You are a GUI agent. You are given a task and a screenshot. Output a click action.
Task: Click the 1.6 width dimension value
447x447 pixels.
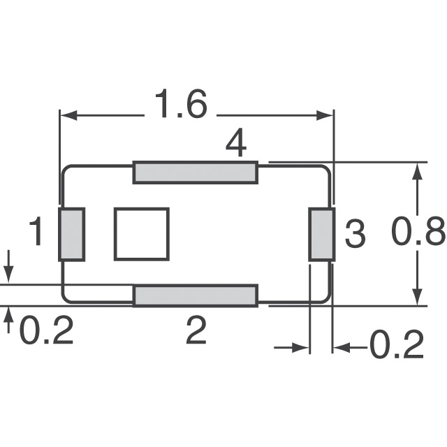180,107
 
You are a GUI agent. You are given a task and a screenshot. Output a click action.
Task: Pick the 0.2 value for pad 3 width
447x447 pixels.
396,344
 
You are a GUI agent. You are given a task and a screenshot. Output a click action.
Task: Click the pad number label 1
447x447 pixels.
38,233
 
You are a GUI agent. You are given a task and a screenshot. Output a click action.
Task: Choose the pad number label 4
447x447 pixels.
236,145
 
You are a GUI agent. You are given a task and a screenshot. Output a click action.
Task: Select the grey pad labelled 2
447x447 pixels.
196,295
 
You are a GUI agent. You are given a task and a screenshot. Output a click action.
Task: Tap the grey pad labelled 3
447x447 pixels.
322,234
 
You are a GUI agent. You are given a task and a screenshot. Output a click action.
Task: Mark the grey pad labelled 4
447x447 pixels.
196,172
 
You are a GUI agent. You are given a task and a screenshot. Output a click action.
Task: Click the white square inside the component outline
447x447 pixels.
142,234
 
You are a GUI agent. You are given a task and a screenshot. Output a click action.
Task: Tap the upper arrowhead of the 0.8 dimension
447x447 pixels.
417,172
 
